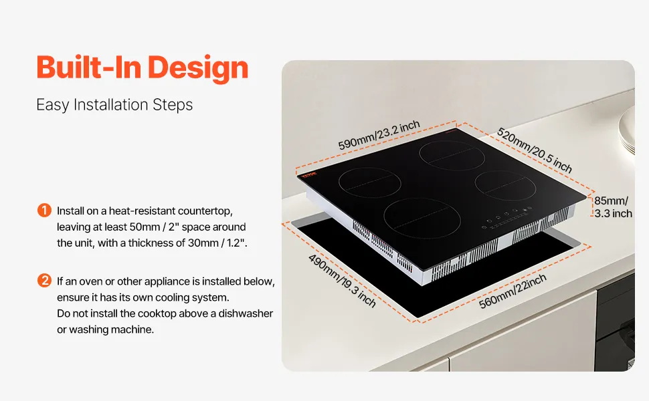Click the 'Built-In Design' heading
(x=143, y=68)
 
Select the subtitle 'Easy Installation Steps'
(x=114, y=104)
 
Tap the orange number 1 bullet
(x=44, y=210)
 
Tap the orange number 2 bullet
(x=44, y=281)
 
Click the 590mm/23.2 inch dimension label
(x=379, y=136)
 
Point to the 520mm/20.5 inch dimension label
(x=535, y=150)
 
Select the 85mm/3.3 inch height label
(x=613, y=207)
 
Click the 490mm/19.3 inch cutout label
(x=342, y=281)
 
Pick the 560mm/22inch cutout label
(x=513, y=291)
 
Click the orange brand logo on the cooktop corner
(x=308, y=174)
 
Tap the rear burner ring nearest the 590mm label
(x=452, y=156)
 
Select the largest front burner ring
(x=422, y=218)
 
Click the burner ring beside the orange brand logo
(x=369, y=182)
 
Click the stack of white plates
(x=627, y=130)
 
